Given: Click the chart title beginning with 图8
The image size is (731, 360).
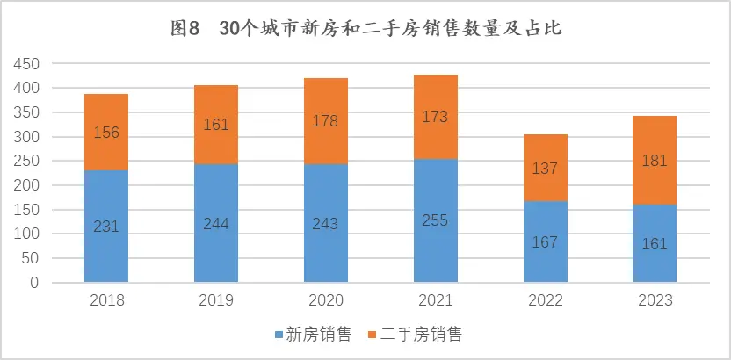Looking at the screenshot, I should (x=365, y=27).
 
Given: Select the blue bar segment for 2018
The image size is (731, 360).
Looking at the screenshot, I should (x=106, y=246).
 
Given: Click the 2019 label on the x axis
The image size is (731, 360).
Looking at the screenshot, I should (x=216, y=300).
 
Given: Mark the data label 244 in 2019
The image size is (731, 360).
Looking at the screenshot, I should (x=216, y=223).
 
